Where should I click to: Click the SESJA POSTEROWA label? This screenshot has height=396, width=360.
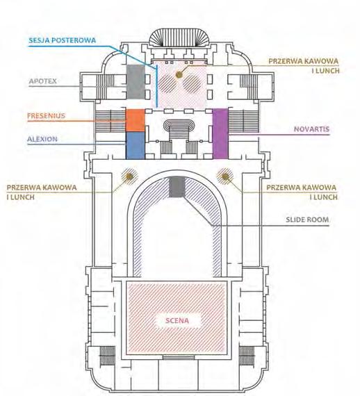(x=62, y=40)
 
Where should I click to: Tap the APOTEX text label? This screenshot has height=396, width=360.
(x=42, y=81)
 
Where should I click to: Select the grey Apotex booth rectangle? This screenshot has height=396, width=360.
(x=136, y=82)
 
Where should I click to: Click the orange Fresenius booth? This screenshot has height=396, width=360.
(x=136, y=120)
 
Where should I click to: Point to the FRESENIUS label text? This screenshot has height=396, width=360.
(x=47, y=115)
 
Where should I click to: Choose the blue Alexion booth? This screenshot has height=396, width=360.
(x=136, y=145)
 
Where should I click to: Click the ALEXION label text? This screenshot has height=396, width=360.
(x=42, y=139)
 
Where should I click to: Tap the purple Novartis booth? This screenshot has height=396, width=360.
(x=220, y=133)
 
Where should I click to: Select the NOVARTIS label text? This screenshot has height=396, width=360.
(x=312, y=129)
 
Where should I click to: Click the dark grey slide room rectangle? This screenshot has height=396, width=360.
(x=177, y=187)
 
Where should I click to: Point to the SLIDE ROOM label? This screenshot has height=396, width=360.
(x=307, y=220)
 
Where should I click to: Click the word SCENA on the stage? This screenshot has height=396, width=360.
(x=177, y=320)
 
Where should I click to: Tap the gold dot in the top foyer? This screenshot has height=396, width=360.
(x=179, y=74)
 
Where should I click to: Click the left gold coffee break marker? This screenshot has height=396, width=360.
(x=129, y=176)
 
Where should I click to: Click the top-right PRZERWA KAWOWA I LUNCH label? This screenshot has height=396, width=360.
(x=304, y=66)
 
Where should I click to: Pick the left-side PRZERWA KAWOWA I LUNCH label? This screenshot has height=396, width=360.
(x=42, y=192)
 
